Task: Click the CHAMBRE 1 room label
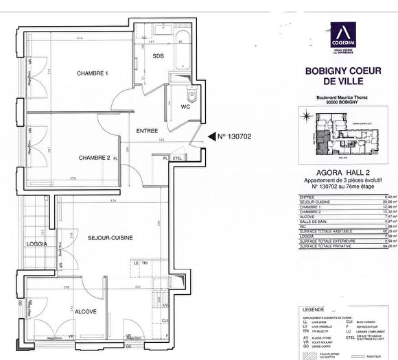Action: click(x=93, y=73)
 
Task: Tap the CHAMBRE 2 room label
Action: click(x=94, y=158)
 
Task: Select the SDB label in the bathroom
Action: click(x=158, y=56)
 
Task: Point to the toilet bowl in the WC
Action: click(x=191, y=97)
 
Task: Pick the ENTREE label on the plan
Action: click(x=147, y=130)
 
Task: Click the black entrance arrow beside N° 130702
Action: click(x=202, y=136)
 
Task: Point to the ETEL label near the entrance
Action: click(x=176, y=158)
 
